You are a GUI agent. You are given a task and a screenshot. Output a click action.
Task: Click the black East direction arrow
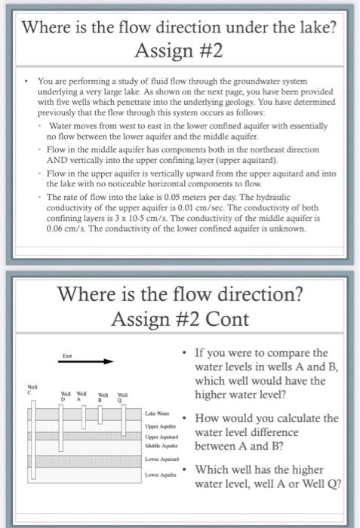click(x=79, y=361)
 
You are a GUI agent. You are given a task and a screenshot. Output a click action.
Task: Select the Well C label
click(x=30, y=391)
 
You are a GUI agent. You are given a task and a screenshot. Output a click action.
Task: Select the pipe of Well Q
click(x=123, y=415)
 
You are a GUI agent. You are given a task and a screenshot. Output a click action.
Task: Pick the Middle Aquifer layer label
click(x=160, y=447)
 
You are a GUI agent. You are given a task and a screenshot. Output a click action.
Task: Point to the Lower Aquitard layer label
click(x=160, y=460)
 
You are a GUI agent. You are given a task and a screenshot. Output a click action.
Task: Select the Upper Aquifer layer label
click(x=158, y=427)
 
